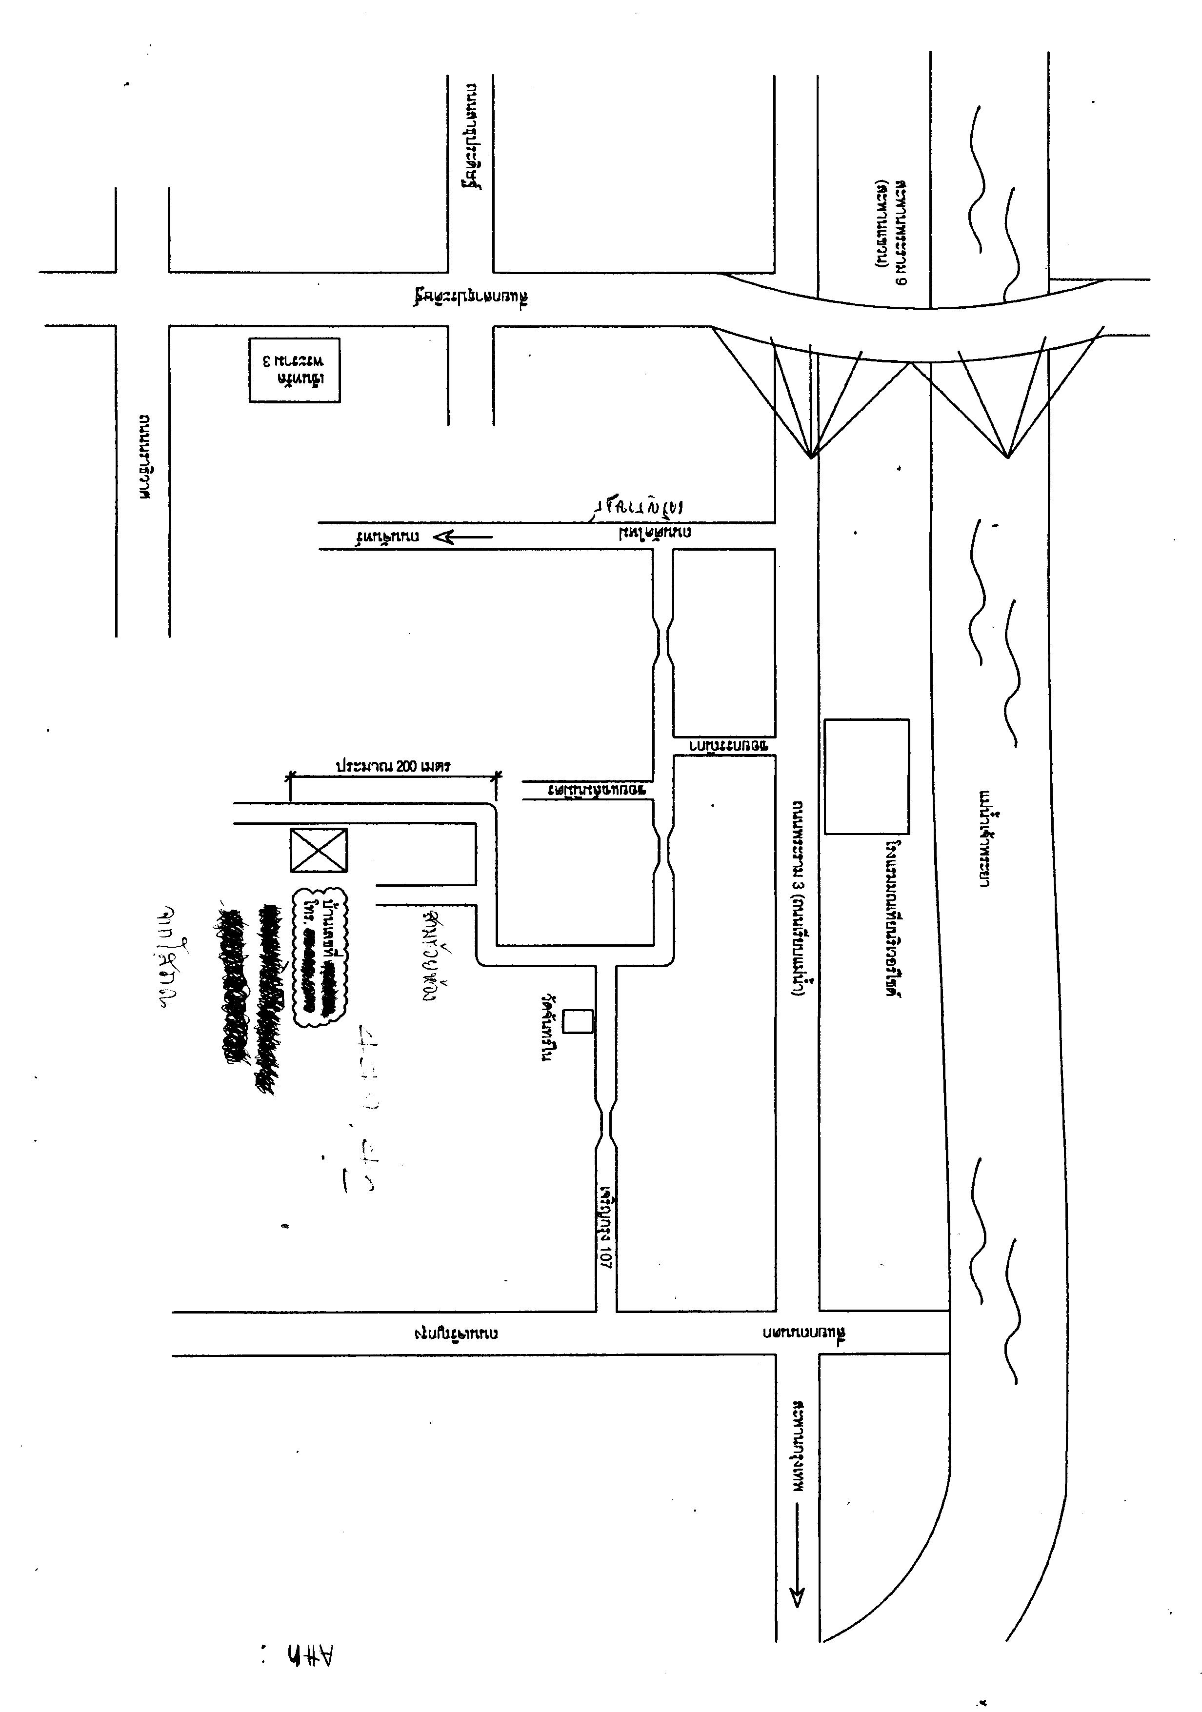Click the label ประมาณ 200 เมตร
[x=393, y=766]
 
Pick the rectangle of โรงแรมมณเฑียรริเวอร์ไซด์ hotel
[x=866, y=776]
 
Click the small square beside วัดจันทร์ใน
[x=577, y=1021]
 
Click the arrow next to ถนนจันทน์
[x=462, y=536]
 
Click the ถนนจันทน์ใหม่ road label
[x=655, y=533]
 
